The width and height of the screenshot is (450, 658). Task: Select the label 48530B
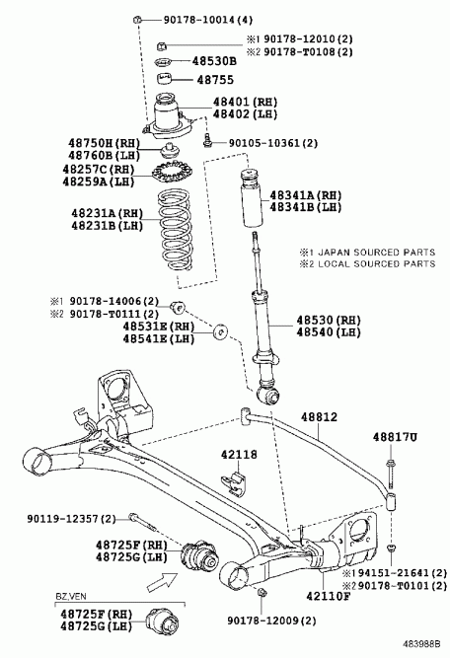[x=214, y=61]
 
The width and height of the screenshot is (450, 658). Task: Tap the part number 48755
[x=215, y=80]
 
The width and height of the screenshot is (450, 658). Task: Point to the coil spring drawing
[x=175, y=230]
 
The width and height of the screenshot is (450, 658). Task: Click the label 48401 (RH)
[x=245, y=102]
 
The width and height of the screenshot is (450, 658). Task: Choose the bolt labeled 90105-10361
[x=206, y=140]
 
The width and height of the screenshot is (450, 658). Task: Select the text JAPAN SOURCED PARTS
[x=377, y=253]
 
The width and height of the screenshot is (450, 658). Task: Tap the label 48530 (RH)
[x=329, y=321]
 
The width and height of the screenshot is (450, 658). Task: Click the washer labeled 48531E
[x=220, y=331]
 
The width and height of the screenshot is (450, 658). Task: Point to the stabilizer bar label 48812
[x=319, y=417]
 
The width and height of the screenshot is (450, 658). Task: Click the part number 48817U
[x=396, y=437]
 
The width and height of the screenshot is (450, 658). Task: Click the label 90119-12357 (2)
[x=71, y=519]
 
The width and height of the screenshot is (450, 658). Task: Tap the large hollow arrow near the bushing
[x=163, y=582]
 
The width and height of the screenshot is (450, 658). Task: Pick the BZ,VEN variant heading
[x=71, y=596]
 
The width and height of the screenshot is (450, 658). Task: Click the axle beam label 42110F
[x=328, y=596]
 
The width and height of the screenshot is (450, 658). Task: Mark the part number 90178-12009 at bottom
[x=272, y=621]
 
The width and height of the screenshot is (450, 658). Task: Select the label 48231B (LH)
[x=107, y=226]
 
